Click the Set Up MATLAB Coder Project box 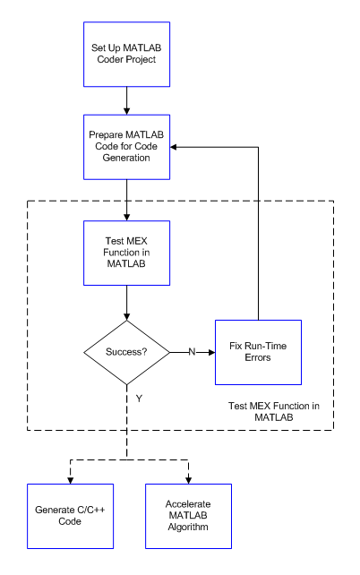(x=126, y=55)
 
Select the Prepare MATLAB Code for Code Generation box (x=126, y=147)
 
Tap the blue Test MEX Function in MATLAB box (x=126, y=253)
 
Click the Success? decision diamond (x=127, y=352)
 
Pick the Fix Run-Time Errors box (x=258, y=352)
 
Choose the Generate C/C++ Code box (x=70, y=516)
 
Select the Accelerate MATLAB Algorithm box (x=188, y=516)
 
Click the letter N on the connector (x=193, y=352)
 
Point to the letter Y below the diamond (x=139, y=399)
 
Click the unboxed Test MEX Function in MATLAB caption (x=274, y=411)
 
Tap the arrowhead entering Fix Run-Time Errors (x=212, y=352)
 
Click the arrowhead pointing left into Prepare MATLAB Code (x=174, y=147)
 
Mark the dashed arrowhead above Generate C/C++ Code (x=71, y=480)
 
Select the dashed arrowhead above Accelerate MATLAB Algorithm (x=188, y=480)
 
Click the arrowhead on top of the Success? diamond (x=127, y=317)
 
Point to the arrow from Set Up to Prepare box (x=127, y=100)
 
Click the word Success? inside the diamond (x=126, y=352)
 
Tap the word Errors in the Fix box (x=258, y=357)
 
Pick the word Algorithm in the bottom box (x=188, y=527)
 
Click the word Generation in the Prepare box (x=126, y=158)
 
